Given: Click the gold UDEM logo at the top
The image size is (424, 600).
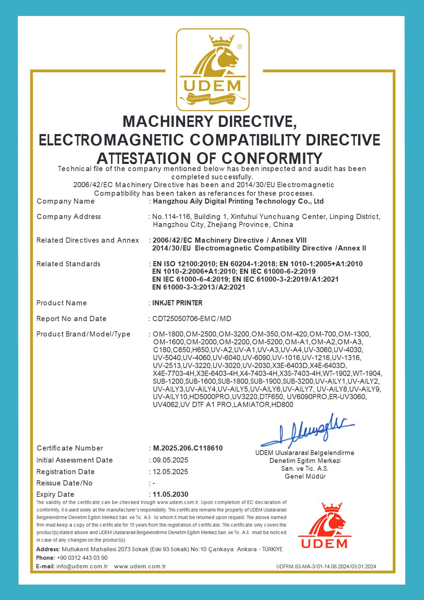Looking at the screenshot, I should click(213, 70).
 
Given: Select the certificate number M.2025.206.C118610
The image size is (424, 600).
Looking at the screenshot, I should click(188, 448).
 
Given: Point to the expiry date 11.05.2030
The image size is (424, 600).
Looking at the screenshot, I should click(171, 494).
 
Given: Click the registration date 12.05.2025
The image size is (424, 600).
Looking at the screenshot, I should click(171, 472).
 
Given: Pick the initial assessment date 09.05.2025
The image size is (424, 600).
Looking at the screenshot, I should click(171, 460).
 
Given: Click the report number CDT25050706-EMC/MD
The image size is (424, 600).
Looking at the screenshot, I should click(192, 319).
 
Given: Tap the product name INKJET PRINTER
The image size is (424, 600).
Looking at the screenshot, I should click(178, 303).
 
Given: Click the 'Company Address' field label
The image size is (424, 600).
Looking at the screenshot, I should click(69, 217).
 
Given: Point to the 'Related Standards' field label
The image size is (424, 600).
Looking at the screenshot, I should click(68, 264).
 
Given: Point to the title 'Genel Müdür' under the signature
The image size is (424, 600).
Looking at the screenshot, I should click(305, 476).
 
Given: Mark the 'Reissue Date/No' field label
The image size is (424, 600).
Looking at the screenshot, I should click(65, 483).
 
